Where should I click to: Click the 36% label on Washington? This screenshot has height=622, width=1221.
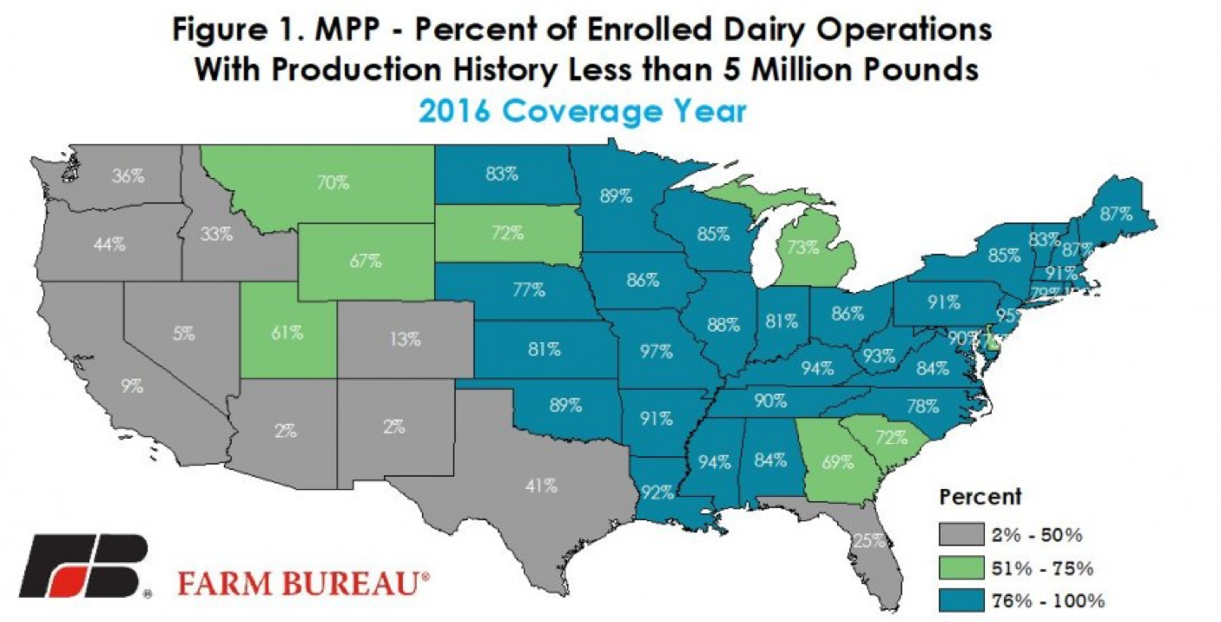128,175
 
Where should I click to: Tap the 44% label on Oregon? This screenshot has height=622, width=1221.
110,245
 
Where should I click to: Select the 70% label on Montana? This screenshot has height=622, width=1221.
333,183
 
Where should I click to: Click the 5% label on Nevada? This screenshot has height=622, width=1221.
183,333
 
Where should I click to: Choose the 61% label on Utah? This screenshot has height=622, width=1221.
287,332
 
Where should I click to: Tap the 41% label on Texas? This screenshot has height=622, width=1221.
540,486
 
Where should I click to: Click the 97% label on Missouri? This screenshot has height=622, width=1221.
657,352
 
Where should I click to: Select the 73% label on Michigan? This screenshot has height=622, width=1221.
802,247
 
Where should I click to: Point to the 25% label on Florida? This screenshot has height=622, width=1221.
869,540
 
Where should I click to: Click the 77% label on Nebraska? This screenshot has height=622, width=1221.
528,290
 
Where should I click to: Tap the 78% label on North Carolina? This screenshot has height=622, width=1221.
921,406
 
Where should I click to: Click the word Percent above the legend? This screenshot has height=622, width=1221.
980,498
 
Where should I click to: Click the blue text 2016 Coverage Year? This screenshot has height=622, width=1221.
581,112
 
